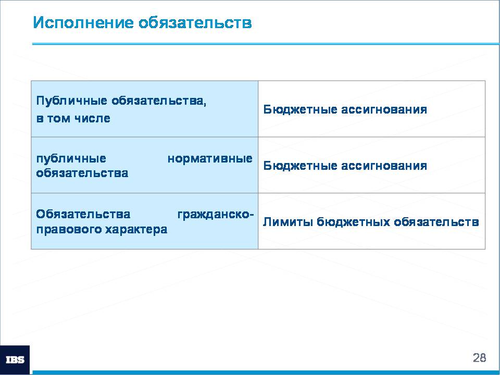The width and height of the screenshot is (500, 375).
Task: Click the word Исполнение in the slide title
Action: point(83,22)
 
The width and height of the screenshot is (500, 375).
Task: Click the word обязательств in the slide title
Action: point(195,23)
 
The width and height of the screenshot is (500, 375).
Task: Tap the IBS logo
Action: point(15,360)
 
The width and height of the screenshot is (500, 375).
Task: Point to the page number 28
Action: point(480,357)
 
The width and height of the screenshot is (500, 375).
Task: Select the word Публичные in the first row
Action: point(72,101)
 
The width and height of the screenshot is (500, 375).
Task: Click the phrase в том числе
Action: point(73,118)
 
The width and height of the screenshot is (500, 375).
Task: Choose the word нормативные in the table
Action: point(210,158)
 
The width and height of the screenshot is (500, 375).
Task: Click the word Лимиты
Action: point(288,222)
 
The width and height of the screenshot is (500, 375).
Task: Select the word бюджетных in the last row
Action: point(353,222)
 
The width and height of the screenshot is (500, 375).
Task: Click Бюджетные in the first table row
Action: point(300,109)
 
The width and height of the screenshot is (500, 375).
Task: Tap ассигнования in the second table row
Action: point(384,166)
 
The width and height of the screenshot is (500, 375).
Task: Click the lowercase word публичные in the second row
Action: point(71,158)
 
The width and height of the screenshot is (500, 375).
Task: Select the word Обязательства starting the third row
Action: point(83,214)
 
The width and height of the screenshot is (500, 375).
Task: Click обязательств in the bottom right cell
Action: point(436,222)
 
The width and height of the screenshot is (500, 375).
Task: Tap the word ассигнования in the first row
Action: point(384,109)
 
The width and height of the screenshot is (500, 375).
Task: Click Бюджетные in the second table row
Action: point(300,166)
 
